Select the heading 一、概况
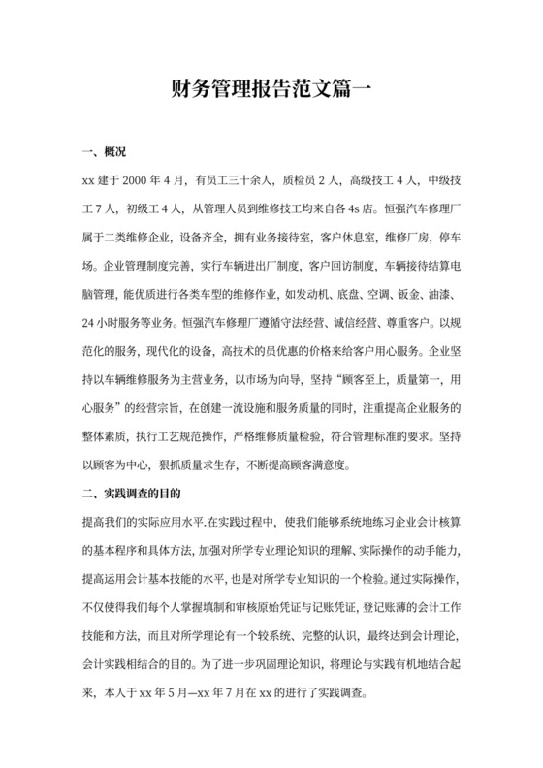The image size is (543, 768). point(106,153)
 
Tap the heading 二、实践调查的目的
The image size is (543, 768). point(141,492)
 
